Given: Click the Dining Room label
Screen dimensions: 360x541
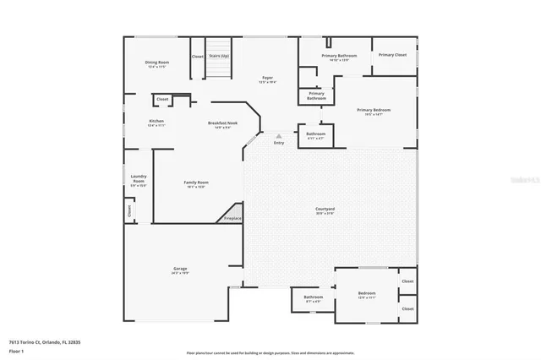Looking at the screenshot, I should [157, 62].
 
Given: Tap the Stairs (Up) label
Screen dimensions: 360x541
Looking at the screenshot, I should [219, 56].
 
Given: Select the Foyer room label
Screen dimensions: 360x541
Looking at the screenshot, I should [266, 79].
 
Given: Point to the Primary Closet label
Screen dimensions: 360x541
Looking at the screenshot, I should [392, 55].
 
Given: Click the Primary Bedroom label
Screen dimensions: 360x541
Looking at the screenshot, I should [373, 110].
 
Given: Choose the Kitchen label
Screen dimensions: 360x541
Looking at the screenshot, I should [156, 122].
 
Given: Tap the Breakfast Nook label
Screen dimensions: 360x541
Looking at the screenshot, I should [222, 123].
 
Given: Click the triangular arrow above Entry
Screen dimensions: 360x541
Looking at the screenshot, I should [279, 135].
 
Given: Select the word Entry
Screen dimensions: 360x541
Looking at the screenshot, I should [279, 143].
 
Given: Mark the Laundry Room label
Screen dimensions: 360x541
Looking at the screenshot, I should [139, 179].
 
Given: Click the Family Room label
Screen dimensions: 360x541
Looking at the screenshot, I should [197, 183].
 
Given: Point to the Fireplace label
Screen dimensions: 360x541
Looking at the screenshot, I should [232, 219].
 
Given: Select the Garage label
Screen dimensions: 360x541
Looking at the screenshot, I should [181, 269].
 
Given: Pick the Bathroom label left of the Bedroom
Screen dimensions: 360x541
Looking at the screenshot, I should [314, 297].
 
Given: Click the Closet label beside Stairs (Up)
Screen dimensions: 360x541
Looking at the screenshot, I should [197, 57].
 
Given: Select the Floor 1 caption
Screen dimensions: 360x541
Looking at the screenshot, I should [16, 351].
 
